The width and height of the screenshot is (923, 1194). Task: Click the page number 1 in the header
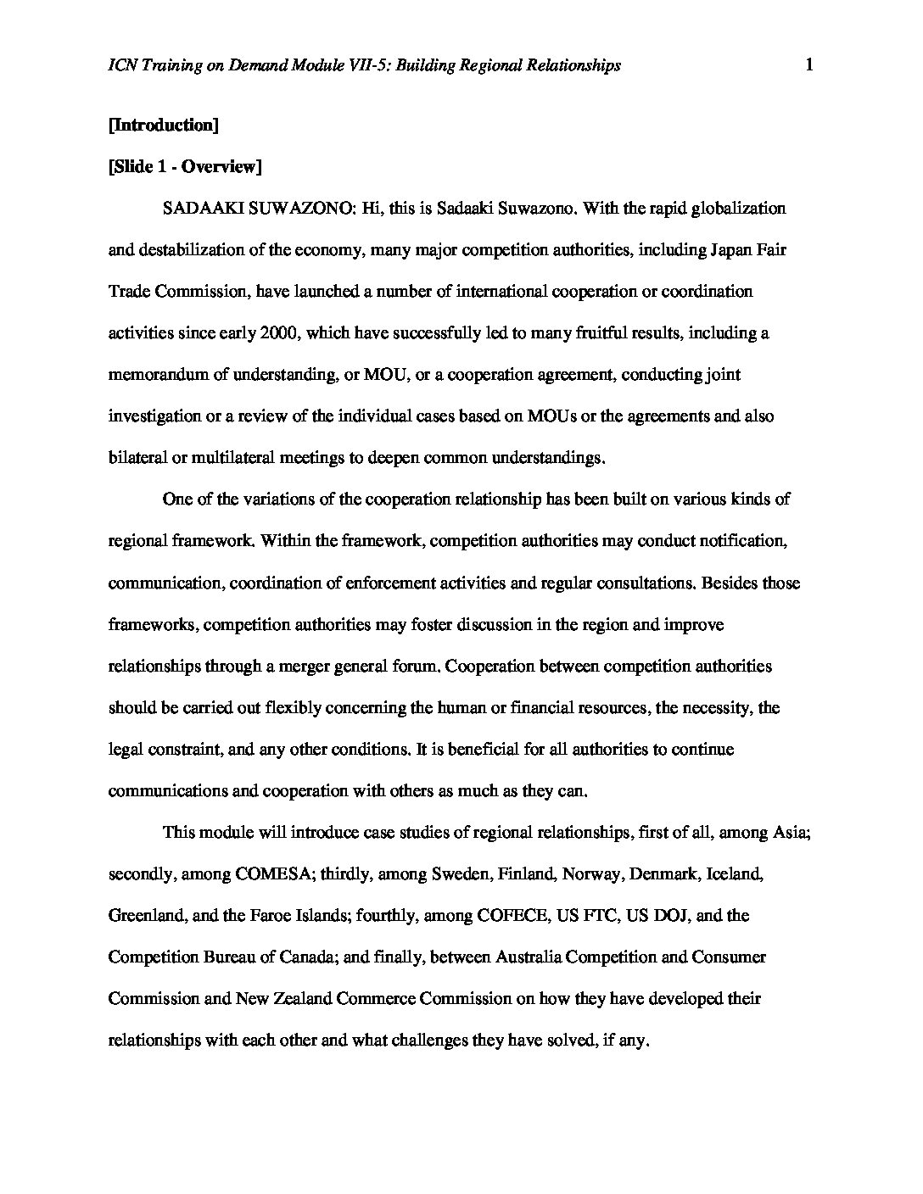click(x=809, y=65)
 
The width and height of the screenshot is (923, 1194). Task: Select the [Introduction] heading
click(x=164, y=126)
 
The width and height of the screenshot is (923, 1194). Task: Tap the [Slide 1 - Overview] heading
click(x=185, y=167)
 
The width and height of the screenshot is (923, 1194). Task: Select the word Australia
click(x=529, y=957)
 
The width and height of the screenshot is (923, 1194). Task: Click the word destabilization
click(x=189, y=250)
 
